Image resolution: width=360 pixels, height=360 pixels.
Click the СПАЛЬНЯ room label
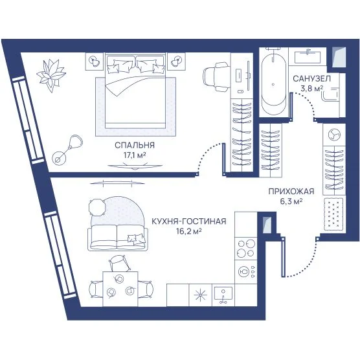(x=135, y=145)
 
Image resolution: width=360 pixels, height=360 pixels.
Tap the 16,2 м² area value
(x=189, y=231)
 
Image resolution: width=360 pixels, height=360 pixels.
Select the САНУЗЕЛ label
(x=311, y=79)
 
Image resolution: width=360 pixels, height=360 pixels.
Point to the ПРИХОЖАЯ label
(x=291, y=191)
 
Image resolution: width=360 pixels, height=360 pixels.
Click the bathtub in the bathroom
(x=274, y=84)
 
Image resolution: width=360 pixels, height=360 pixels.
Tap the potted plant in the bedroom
(x=51, y=75)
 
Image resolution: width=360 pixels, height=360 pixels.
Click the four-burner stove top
(x=246, y=248)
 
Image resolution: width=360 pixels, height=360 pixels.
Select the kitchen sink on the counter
(x=223, y=295)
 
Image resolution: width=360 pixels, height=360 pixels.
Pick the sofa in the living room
(x=118, y=237)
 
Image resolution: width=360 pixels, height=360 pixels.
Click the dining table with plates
(x=120, y=289)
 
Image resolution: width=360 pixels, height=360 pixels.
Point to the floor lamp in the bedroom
(x=67, y=150)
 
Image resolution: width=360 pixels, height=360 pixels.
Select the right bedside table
(x=176, y=62)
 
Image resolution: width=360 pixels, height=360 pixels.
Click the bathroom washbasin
(x=307, y=56)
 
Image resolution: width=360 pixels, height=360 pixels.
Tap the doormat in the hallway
(x=333, y=214)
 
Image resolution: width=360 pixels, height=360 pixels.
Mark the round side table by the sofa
(x=97, y=207)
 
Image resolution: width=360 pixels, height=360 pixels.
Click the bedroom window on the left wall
(x=28, y=120)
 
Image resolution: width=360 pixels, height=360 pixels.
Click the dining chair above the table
(x=120, y=264)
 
